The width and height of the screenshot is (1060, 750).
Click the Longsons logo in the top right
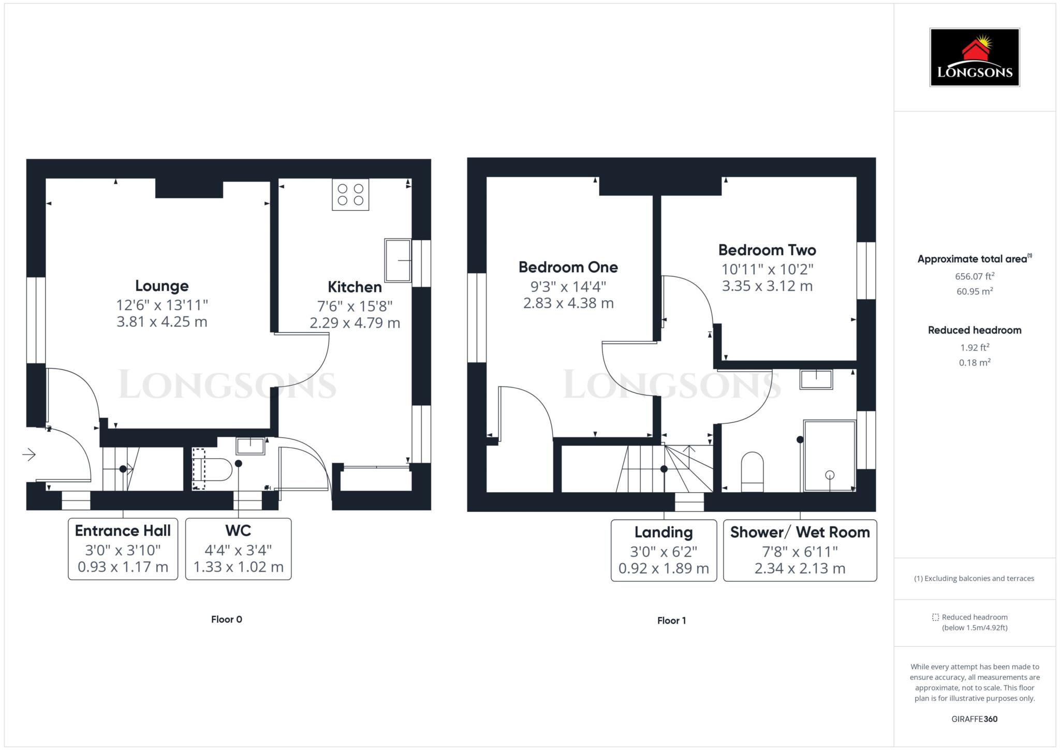click(974, 57)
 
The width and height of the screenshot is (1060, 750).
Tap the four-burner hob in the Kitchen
click(350, 195)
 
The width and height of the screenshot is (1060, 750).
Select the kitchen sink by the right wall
click(397, 260)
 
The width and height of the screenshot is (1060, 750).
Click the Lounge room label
click(161, 286)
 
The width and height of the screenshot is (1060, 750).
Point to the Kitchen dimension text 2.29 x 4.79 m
click(355, 323)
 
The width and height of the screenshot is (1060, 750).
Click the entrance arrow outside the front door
click(29, 454)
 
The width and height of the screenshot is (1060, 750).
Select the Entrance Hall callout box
click(123, 549)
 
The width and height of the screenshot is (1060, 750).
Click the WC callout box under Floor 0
click(238, 549)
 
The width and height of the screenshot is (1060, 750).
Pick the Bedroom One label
click(568, 267)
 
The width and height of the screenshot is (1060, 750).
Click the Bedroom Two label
click(767, 251)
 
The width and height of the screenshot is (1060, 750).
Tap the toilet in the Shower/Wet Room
click(752, 472)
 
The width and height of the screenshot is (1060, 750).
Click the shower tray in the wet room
click(829, 455)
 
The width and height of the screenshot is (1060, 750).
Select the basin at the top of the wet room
click(816, 379)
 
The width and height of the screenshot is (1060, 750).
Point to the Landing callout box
click(664, 550)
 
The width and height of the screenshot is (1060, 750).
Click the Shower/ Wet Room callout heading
click(800, 533)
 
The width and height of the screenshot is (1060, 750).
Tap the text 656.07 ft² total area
click(975, 276)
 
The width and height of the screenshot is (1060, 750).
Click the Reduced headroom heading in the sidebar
click(974, 330)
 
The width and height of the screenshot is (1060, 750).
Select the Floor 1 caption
click(671, 620)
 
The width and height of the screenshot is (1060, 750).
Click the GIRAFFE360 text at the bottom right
click(974, 718)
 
